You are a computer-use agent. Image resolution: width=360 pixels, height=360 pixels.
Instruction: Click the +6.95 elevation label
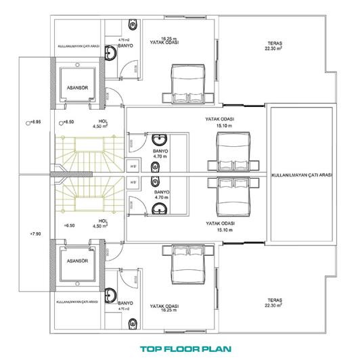pos(35,122)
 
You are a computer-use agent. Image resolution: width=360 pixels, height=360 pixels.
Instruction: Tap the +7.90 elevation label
pos(36,233)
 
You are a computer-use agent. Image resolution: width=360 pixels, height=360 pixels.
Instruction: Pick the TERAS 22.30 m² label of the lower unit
pos(273,300)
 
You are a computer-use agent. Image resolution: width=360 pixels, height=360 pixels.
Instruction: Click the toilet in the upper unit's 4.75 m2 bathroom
pos(131,26)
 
